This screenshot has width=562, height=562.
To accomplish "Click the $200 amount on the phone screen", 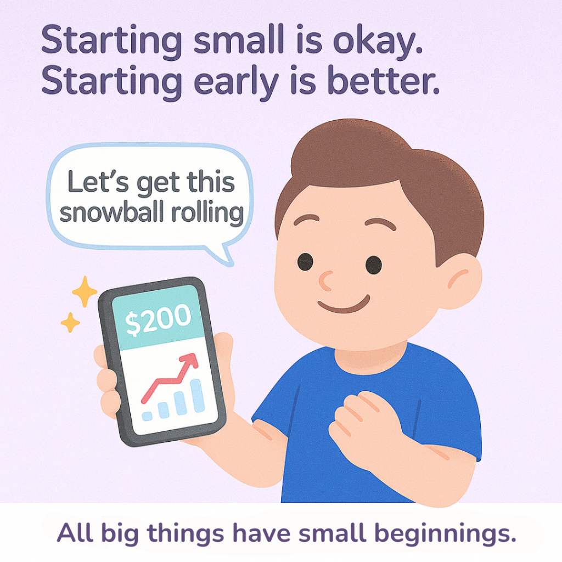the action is pyautogui.click(x=158, y=319).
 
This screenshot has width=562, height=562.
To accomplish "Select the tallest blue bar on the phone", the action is pyautogui.click(x=198, y=396).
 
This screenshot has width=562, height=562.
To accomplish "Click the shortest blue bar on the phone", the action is pyautogui.click(x=147, y=416).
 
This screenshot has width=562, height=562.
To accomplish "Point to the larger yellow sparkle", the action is pyautogui.click(x=85, y=291).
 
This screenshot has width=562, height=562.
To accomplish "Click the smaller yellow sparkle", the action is pyautogui.click(x=70, y=322).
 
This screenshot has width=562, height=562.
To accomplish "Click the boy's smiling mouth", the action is pyautogui.click(x=344, y=305).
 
